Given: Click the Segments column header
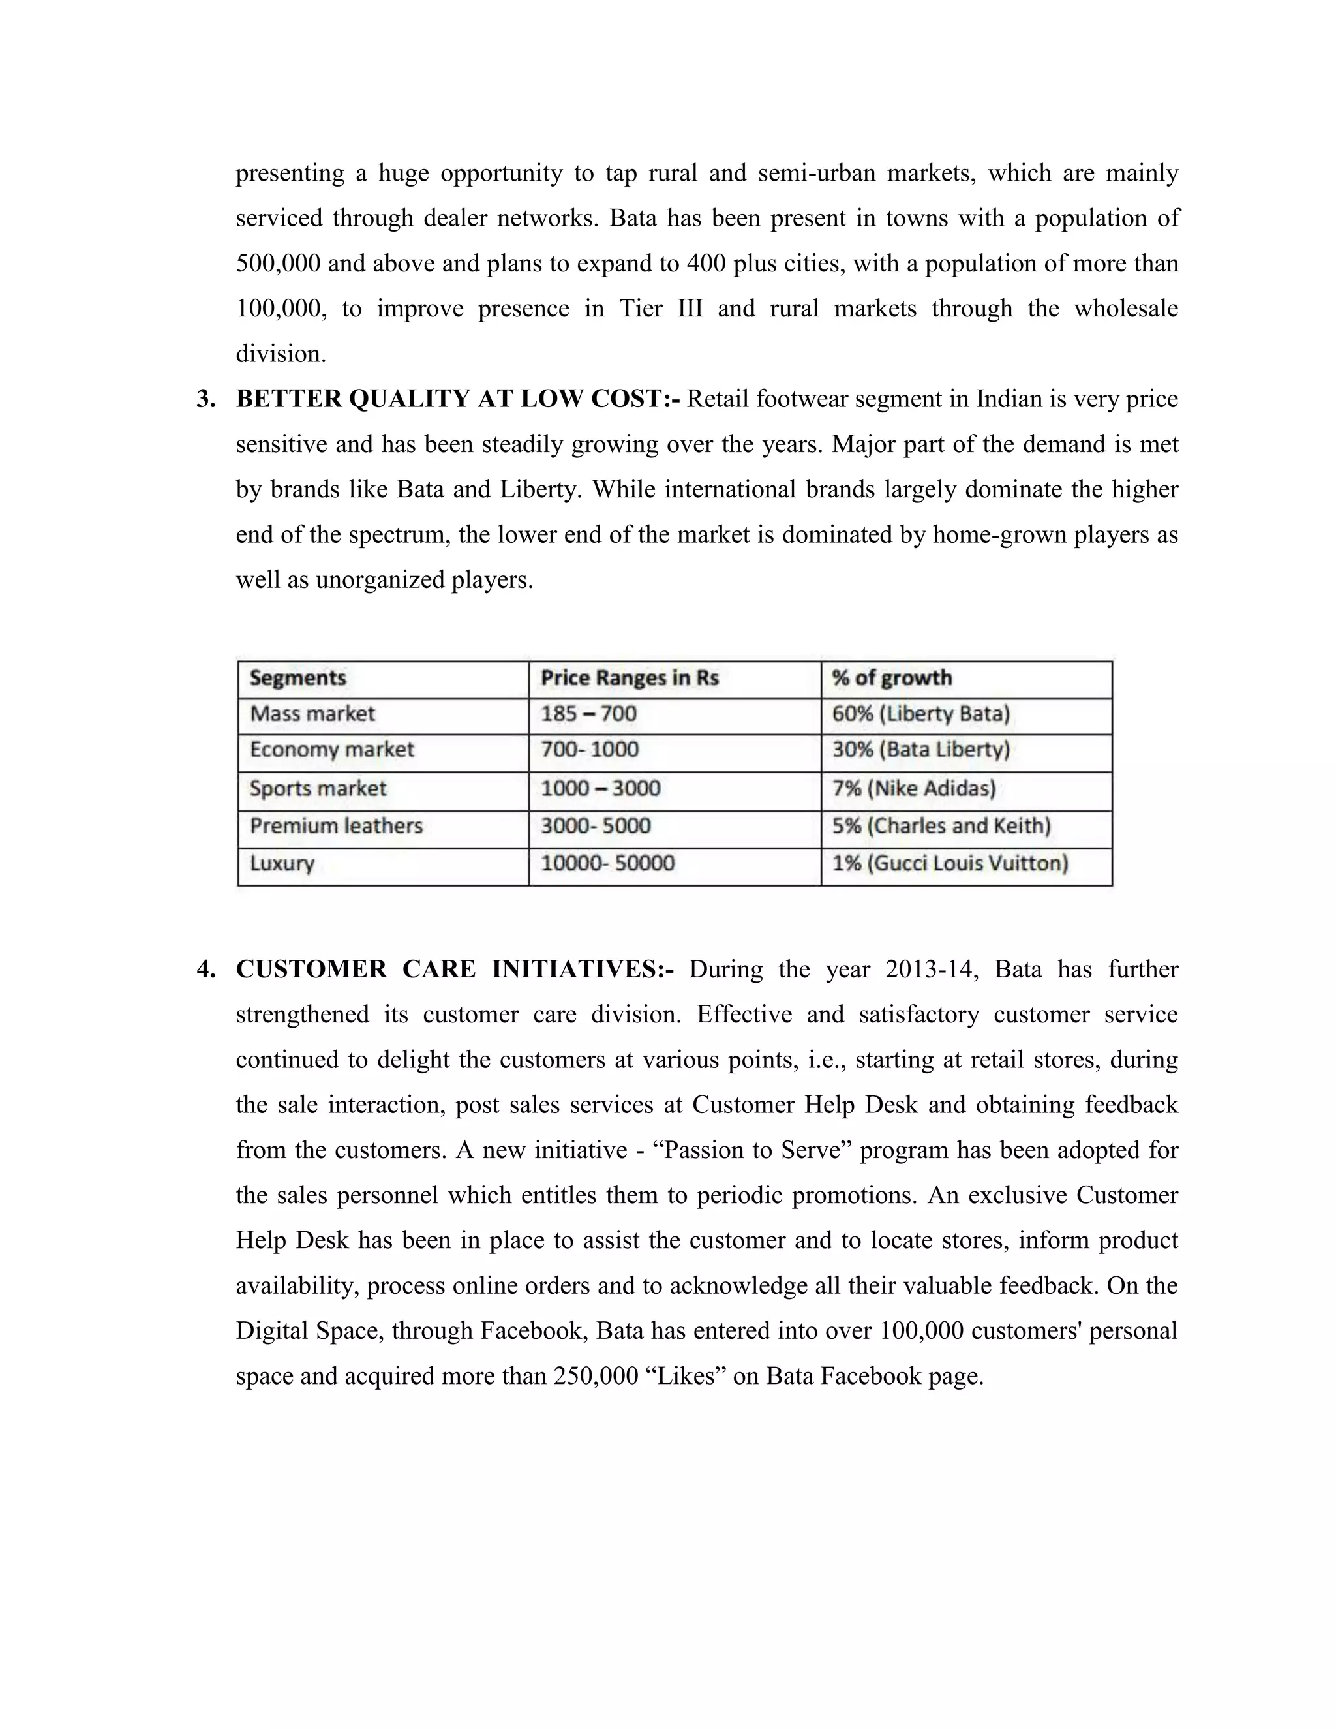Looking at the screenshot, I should pos(298,679).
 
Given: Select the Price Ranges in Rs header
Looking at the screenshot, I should pos(630,679).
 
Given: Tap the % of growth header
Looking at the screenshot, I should pos(892,679).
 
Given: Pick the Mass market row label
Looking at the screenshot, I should pos(312,714).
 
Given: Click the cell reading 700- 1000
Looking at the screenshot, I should pos(590,750).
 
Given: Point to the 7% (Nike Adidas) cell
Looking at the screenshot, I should pos(913,789).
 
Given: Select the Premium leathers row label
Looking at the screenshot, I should pos(337,827).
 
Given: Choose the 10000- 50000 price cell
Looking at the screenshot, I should pos(608,864).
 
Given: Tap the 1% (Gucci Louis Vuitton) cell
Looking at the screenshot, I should pos(950,864).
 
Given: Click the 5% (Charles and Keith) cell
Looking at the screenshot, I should pos(941,827).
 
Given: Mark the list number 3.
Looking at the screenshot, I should pos(205,399).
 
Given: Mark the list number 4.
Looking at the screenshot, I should pos(205,970).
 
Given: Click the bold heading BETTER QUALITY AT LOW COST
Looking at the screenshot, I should pos(457,399).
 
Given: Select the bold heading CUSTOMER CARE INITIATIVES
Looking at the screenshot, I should pos(454,970).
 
